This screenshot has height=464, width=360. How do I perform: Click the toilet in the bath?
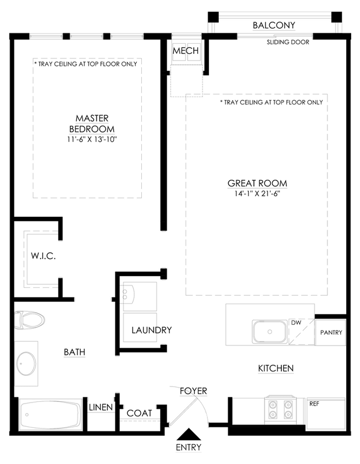(29, 320)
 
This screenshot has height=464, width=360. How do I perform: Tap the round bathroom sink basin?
(26, 364)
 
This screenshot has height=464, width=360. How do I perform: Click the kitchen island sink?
(270, 332)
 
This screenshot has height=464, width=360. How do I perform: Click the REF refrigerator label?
(314, 404)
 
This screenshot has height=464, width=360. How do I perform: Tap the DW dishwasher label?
(296, 323)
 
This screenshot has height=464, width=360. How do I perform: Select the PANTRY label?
(331, 333)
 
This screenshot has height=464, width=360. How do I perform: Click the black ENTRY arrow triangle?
(188, 434)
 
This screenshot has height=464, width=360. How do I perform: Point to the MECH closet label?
(186, 51)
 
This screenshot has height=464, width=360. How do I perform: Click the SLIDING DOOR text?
(288, 42)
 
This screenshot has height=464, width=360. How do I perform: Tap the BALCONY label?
(274, 26)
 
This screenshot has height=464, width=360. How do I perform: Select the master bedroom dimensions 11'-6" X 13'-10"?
(92, 139)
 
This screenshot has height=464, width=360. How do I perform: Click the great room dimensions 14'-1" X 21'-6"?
(257, 194)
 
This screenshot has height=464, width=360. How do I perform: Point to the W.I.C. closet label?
(43, 256)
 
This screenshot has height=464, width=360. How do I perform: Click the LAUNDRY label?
(152, 330)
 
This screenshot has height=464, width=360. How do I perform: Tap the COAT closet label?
(139, 413)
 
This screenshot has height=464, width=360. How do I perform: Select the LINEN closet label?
(101, 407)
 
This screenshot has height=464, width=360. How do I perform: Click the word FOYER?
(193, 391)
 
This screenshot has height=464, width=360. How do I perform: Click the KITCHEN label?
(276, 369)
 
